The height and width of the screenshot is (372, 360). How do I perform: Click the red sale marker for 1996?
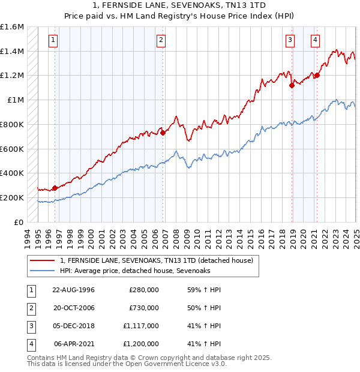click(55, 188)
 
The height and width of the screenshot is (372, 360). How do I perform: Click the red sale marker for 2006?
click(163, 133)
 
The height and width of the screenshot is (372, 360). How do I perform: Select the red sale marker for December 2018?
click(292, 85)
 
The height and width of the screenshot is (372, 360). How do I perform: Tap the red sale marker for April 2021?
click(317, 76)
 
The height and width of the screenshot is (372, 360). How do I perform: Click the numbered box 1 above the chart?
click(53, 40)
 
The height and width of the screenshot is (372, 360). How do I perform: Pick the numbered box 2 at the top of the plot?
click(161, 40)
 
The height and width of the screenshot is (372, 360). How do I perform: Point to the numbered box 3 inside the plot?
click(290, 40)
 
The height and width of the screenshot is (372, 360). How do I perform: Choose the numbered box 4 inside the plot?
click(315, 40)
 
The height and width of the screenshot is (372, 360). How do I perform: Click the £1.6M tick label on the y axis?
click(12, 27)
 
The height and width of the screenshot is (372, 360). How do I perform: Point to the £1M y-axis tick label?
click(16, 100)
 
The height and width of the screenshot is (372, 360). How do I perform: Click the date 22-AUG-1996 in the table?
click(74, 290)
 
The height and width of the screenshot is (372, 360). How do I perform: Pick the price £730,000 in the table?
click(144, 308)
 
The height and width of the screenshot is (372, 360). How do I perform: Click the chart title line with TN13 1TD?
click(180, 6)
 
